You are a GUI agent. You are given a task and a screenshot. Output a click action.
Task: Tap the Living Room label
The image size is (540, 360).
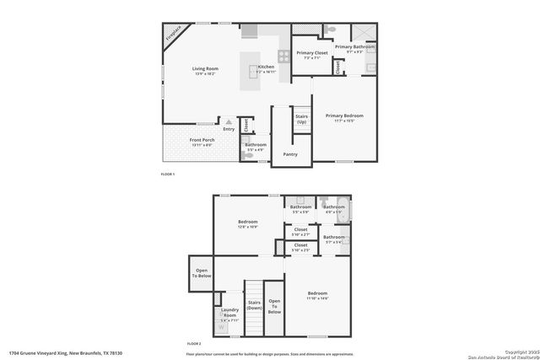pos(204,68)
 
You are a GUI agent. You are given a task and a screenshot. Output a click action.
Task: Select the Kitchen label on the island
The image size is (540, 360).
pos(266,67)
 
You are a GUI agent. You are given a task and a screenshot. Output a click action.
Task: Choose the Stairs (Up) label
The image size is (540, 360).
pos(300,120)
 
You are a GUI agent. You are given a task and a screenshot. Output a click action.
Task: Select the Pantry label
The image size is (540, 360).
pos(289,154)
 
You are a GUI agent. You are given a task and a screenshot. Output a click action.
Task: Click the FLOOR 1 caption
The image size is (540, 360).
pos(167,174)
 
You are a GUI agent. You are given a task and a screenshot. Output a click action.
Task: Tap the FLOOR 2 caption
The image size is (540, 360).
pos(194,344)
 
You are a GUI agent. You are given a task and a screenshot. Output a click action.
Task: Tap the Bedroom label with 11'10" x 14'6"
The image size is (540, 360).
pos(317,294)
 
